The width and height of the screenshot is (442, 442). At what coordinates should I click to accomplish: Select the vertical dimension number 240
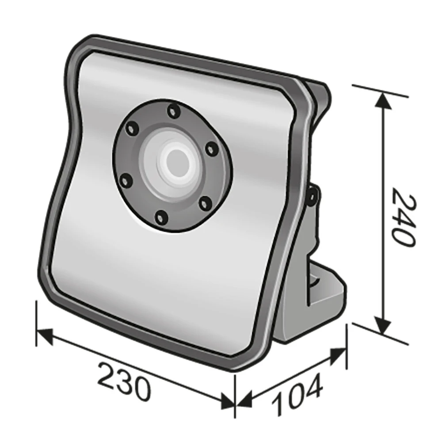[403, 217]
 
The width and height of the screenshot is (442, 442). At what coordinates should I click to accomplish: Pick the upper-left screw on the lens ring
[130, 129]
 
